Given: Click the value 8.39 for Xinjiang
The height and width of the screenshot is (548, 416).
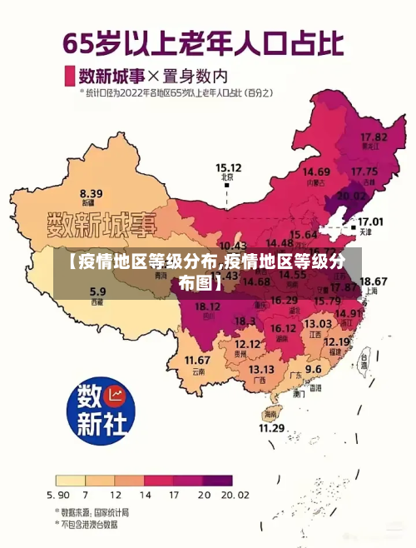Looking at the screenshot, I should coord(92,192).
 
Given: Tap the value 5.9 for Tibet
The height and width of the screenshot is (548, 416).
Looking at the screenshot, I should coord(97,291).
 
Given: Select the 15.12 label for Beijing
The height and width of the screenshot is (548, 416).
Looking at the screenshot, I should coord(229,167).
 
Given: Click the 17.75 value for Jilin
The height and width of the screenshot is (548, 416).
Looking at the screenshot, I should coord(364,172).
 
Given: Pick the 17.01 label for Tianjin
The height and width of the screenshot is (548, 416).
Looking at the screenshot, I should coord(370,222).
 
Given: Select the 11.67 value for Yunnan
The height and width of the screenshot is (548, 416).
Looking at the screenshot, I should coord(197,360).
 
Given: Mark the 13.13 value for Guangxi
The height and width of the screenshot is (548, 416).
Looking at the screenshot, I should coord(261,369).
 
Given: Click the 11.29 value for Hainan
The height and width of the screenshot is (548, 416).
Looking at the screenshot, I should coord(271,428).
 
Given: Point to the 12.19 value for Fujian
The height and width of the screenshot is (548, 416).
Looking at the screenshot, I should coord(336,341).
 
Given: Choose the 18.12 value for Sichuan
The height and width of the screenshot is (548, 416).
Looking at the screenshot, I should coord(207,306).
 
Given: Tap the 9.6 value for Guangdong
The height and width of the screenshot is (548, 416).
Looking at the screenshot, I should coord(313,368).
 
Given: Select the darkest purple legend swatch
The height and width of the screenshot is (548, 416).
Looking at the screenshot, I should coord(218,481).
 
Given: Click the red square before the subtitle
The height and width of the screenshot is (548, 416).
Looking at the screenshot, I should coord(69,75).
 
